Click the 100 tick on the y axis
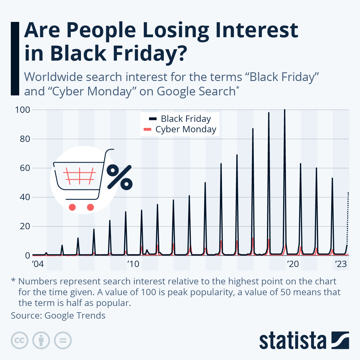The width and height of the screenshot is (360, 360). tap(23, 110)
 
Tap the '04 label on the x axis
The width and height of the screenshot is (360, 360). tap(38, 264)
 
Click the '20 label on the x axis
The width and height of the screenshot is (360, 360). tap(293, 264)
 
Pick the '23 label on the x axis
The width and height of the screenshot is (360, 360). tap(340, 264)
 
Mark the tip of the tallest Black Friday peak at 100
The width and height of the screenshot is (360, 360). tap(285, 110)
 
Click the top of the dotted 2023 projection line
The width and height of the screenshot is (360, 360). tap(348, 193)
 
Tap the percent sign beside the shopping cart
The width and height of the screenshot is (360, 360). tap(119, 177)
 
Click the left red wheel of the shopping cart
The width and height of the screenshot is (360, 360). tap(72, 207)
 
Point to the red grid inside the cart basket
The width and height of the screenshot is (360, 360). tap(79, 176)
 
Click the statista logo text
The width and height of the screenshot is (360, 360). tap(292, 340)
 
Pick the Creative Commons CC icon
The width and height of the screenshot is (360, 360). tap(19, 340)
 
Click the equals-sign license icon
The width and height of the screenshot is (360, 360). tap(63, 340)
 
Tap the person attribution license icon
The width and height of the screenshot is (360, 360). tap(41, 340)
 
